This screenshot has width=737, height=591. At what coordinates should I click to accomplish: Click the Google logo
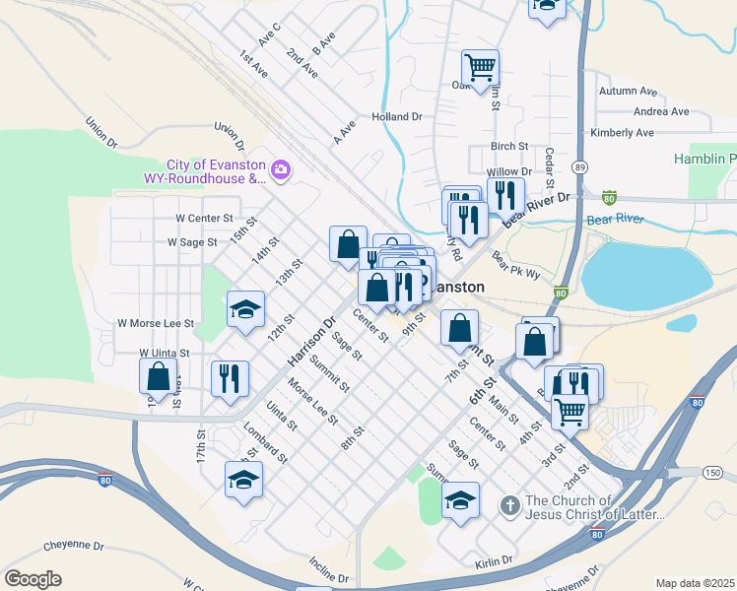(33, 579)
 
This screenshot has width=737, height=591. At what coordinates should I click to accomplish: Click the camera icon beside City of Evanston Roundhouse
(281, 171)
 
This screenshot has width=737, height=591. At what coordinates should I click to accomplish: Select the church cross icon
(509, 506)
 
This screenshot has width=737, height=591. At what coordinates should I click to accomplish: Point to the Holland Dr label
(397, 116)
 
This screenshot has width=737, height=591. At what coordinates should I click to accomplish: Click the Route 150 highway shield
(711, 473)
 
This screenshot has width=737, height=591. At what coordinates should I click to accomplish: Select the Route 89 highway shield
(580, 166)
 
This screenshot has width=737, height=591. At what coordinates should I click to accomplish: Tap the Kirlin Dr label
(494, 560)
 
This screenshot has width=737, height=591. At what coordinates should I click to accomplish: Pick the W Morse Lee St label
(156, 323)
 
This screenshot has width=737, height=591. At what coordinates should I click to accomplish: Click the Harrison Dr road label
(312, 337)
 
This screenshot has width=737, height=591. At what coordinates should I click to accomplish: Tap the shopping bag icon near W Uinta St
(159, 376)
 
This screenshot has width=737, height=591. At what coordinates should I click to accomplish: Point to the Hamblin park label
(704, 159)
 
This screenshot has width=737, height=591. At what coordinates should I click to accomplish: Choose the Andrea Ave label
(661, 111)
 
